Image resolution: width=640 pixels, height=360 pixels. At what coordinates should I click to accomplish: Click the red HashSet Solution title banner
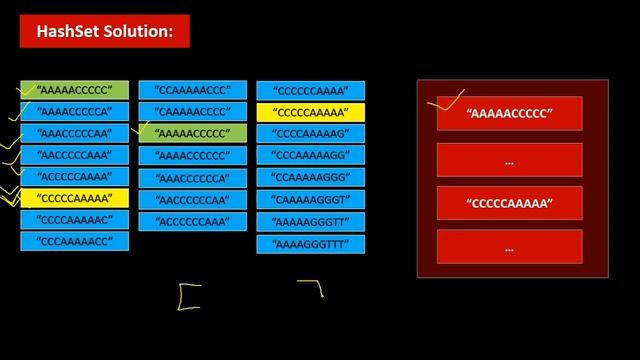pyautogui.click(x=104, y=32)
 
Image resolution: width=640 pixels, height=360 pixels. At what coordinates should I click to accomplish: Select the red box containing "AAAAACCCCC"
pyautogui.click(x=509, y=114)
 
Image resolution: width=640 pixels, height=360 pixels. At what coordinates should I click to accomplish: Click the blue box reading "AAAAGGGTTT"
pyautogui.click(x=311, y=244)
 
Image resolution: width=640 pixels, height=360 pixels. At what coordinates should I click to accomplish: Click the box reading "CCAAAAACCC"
pyautogui.click(x=192, y=90)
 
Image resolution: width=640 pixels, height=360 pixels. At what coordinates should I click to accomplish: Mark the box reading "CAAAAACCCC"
pyautogui.click(x=192, y=111)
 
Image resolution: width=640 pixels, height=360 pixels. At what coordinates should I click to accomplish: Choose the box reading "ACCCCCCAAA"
pyautogui.click(x=192, y=221)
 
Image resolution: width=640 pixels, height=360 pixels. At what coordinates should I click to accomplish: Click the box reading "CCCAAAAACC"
pyautogui.click(x=75, y=241)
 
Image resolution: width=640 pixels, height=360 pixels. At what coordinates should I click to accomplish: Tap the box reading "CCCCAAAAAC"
pyautogui.click(x=75, y=219)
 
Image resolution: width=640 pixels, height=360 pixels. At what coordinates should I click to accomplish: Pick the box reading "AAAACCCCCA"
pyautogui.click(x=75, y=111)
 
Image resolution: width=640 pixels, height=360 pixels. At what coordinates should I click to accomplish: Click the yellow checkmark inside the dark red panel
pyautogui.click(x=446, y=100)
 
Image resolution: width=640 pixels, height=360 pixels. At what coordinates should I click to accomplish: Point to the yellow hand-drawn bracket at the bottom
pyautogui.click(x=188, y=297)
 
